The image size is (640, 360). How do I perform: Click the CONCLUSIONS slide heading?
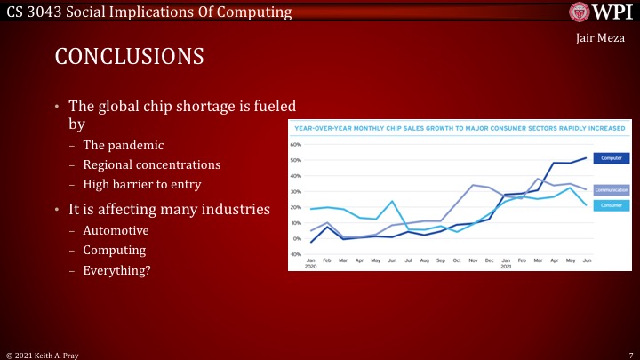coord(130,56)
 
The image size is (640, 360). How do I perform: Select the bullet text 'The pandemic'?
coord(124,145)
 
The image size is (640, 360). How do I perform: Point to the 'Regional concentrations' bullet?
coord(152,164)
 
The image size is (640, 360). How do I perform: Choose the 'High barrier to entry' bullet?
coord(142,184)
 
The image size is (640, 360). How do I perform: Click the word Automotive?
coord(116,231)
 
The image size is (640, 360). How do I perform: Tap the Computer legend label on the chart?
coord(610,158)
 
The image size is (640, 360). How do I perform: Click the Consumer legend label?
coord(610,204)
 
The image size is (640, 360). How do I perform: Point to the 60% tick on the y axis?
coord(294,144)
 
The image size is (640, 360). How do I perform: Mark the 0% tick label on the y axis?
coord(295,238)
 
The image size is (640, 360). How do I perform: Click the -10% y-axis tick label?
coord(294,254)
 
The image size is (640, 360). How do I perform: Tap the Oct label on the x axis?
coord(457,261)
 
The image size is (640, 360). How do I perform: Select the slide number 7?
coord(628,354)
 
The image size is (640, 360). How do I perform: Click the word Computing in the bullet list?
coord(114,251)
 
